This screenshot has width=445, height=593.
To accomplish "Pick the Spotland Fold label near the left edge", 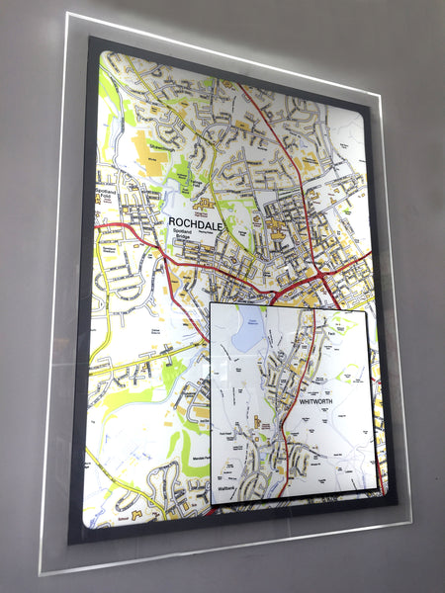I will [x=106, y=194].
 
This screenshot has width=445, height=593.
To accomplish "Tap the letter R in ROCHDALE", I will [x=173, y=221].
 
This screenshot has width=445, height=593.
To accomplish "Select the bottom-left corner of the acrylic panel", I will [x=42, y=574].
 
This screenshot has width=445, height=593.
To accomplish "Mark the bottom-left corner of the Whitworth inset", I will [x=212, y=506].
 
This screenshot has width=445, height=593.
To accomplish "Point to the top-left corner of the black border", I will [x=91, y=38].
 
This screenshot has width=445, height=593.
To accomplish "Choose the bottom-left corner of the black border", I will [x=69, y=543].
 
